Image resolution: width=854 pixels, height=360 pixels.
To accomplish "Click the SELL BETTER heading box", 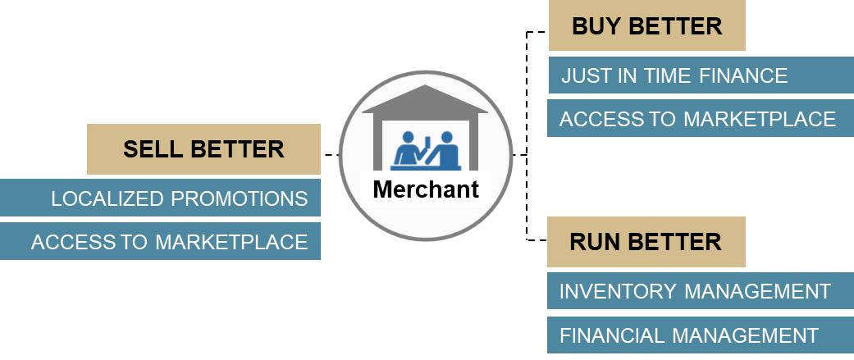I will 203,149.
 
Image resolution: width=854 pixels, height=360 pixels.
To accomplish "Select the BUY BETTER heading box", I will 646,26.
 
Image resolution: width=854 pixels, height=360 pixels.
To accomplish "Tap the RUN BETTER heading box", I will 646,242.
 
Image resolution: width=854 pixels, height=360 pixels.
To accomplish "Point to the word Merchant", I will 426,189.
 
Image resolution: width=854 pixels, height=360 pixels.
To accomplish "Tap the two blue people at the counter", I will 425,148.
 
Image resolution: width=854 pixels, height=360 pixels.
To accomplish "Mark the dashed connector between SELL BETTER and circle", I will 331,154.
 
